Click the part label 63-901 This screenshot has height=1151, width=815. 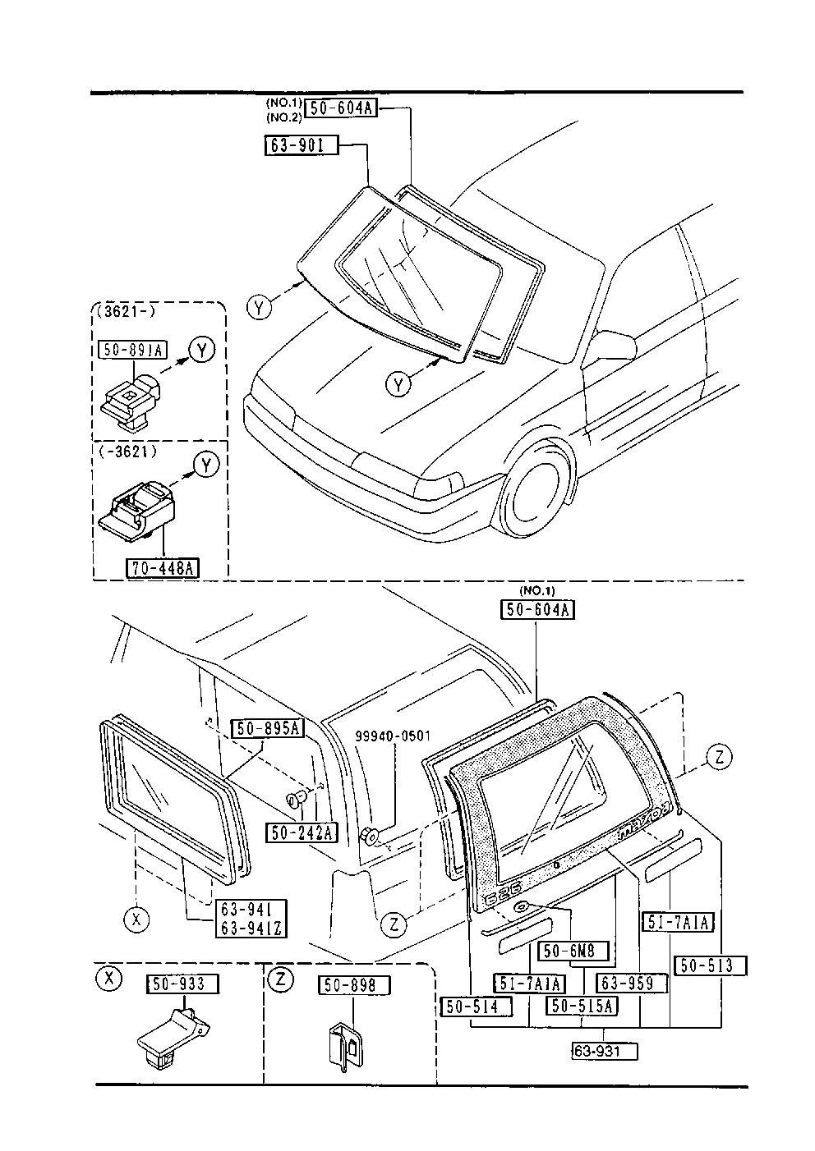coord(302,145)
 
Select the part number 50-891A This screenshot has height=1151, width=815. coord(132,350)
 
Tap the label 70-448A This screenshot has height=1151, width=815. coord(163,568)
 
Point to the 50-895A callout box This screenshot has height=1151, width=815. coord(268,729)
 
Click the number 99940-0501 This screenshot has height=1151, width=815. coord(393,736)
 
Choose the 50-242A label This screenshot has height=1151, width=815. coord(302,832)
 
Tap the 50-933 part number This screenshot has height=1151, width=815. coord(183,984)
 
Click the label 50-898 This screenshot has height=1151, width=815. coord(354,985)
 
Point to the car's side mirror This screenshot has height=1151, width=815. coord(610,346)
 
